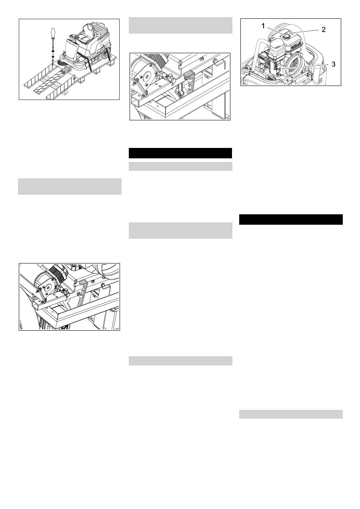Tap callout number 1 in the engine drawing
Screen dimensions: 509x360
pyautogui.click(x=263, y=26)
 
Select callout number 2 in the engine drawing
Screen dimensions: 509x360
pyautogui.click(x=323, y=30)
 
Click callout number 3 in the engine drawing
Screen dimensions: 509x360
pyautogui.click(x=333, y=64)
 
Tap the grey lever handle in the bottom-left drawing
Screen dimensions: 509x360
pyautogui.click(x=82, y=282)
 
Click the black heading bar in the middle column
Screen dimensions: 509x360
pyautogui.click(x=180, y=153)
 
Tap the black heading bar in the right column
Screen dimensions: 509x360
pyautogui.click(x=291, y=220)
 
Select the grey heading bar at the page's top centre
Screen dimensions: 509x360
pyautogui.click(x=180, y=25)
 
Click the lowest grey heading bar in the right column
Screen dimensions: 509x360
pyautogui.click(x=291, y=414)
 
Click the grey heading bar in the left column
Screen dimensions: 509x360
pyautogui.click(x=70, y=187)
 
